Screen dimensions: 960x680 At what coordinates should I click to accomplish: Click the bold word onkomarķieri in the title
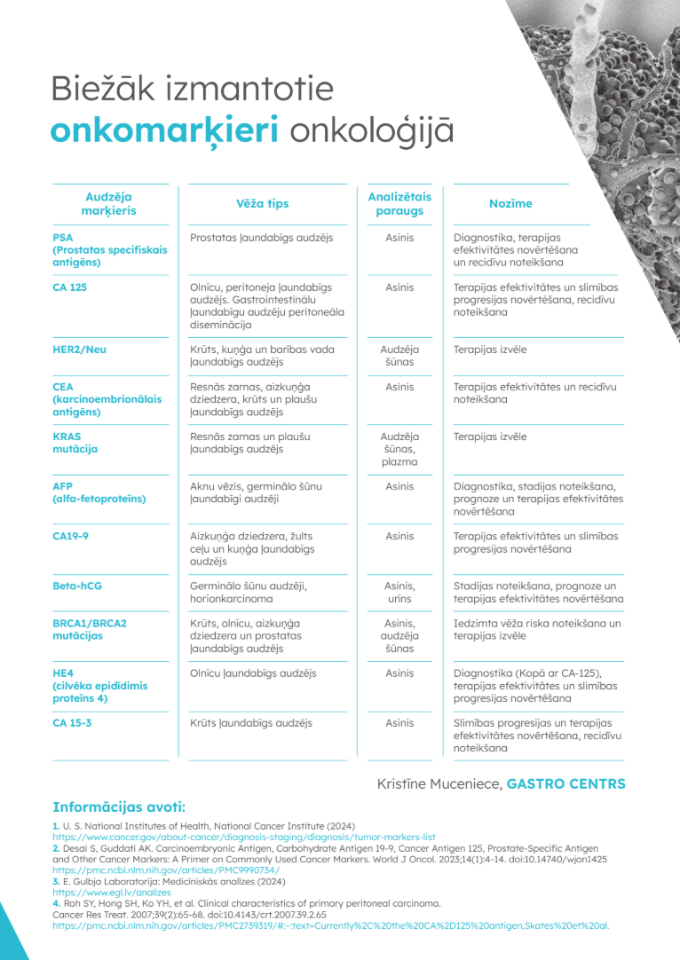[x=164, y=130]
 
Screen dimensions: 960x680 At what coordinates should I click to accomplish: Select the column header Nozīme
[x=510, y=204]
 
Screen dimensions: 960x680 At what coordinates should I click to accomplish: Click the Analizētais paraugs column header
[x=399, y=204]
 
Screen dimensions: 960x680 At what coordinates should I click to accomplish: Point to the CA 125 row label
[x=70, y=287]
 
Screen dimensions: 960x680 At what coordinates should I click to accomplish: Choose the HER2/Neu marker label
[x=79, y=350]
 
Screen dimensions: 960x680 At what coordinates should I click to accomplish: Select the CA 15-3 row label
[x=73, y=723]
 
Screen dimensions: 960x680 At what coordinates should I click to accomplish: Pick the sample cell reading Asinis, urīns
[x=399, y=593]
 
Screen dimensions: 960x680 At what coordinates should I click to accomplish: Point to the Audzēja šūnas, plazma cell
[x=399, y=449]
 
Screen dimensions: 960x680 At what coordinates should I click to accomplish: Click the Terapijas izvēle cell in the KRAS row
[x=490, y=437]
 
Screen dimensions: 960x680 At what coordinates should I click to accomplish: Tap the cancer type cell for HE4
[x=253, y=673]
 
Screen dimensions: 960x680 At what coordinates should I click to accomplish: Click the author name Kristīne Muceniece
[x=439, y=784]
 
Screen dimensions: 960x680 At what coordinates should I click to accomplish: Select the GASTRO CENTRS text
[x=565, y=784]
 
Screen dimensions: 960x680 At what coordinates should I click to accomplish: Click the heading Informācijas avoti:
[x=119, y=807]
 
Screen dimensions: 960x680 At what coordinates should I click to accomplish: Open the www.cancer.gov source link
[x=244, y=837]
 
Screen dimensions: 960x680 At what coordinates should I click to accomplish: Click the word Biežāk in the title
[x=105, y=90]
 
